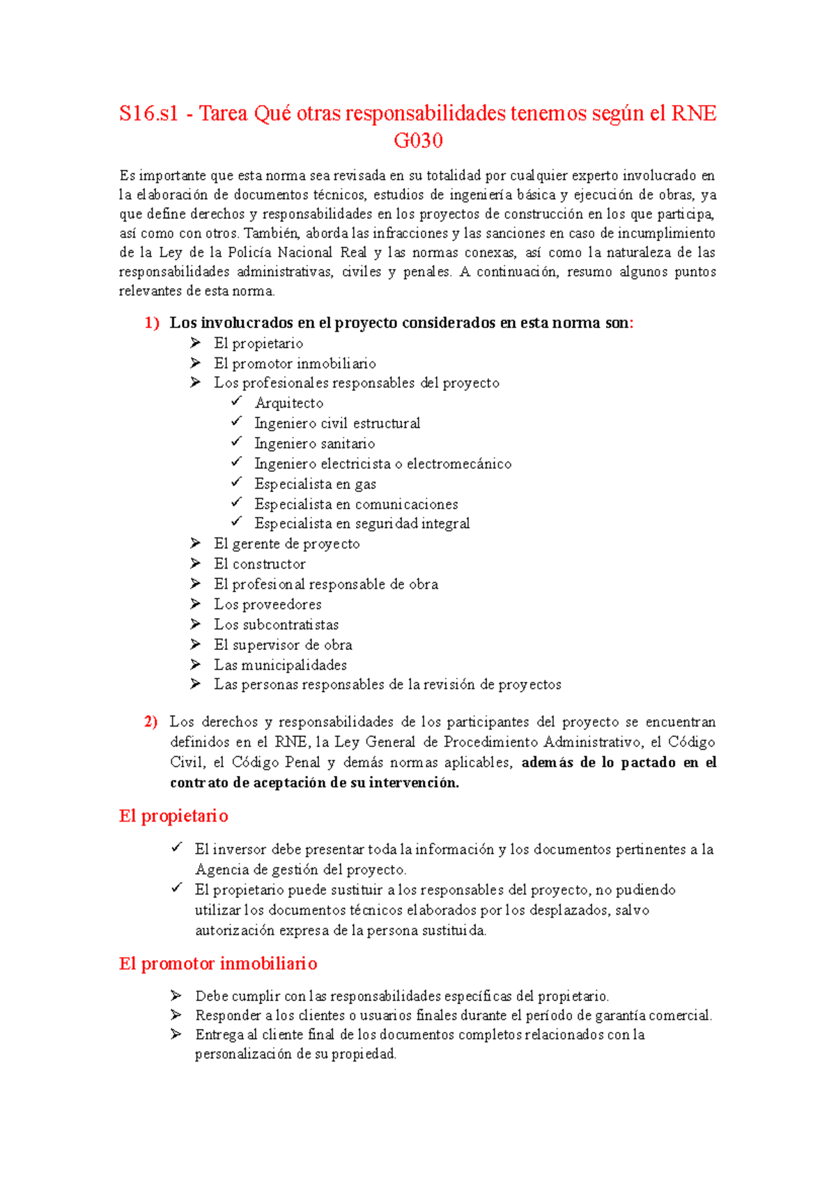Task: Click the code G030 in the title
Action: point(418,141)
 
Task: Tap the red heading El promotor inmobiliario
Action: point(218,964)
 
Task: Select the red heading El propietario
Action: point(173,816)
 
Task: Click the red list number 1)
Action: point(152,323)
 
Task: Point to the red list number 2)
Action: point(151,722)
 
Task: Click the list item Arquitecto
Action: point(288,403)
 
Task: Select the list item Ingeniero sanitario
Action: point(314,444)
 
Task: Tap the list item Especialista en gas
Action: point(315,484)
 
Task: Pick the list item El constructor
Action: point(259,564)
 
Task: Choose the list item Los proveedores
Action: point(268,605)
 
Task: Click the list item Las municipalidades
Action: point(280,665)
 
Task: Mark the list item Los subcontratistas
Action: point(276,625)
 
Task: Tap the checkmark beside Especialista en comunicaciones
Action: point(237,502)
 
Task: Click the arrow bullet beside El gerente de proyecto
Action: point(196,543)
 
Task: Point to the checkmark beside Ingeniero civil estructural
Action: point(237,422)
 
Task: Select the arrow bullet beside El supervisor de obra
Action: point(196,644)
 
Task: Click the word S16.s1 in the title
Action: point(148,114)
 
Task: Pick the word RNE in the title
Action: point(693,114)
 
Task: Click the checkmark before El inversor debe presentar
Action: point(177,848)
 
